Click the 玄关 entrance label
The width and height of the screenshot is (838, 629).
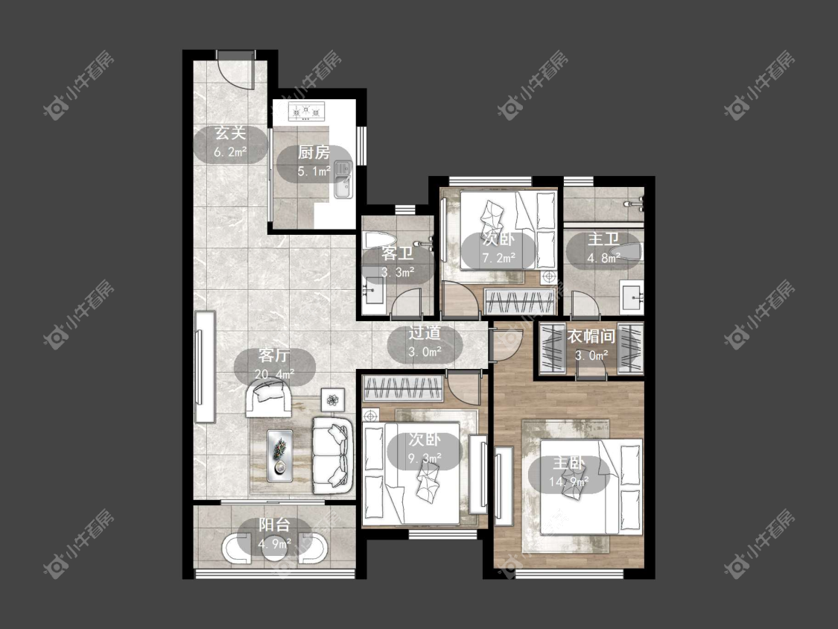pyautogui.click(x=230, y=132)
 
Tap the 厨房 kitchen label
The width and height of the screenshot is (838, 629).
pyautogui.click(x=314, y=153)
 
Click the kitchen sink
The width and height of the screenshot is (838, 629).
pyautogui.click(x=343, y=180)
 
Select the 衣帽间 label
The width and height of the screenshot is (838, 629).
pyautogui.click(x=591, y=336)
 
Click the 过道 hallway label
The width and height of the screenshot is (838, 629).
pyautogui.click(x=425, y=332)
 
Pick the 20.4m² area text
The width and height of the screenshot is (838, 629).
pyautogui.click(x=274, y=374)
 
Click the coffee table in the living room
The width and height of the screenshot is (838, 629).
pyautogui.click(x=280, y=455)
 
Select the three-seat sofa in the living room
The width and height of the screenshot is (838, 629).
pyautogui.click(x=332, y=456)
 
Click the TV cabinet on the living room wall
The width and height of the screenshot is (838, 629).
pyautogui.click(x=205, y=367)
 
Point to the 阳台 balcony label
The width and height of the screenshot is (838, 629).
pyautogui.click(x=274, y=524)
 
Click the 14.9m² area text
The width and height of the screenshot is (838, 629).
pyautogui.click(x=569, y=481)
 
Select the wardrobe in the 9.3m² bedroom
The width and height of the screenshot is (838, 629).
pyautogui.click(x=403, y=388)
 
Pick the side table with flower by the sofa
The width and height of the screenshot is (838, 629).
pyautogui.click(x=333, y=399)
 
